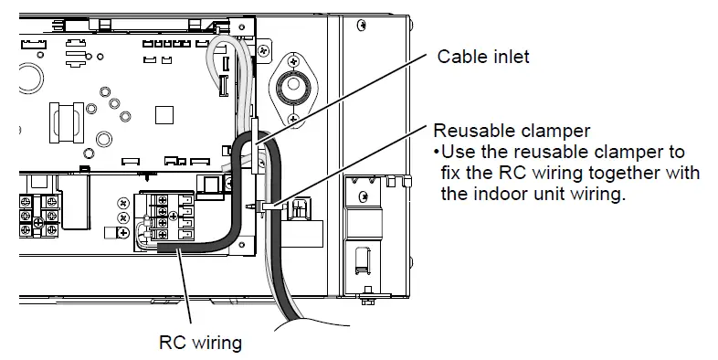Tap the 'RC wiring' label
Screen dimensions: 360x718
pyautogui.click(x=200, y=343)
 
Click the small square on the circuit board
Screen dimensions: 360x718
pyautogui.click(x=164, y=116)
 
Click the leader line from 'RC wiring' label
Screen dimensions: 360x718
pyautogui.click(x=187, y=292)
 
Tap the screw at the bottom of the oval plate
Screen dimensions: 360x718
pyautogui.click(x=292, y=120)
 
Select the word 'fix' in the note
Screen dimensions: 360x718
pyautogui.click(x=441, y=174)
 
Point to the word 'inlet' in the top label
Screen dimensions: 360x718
pyautogui.click(x=509, y=57)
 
